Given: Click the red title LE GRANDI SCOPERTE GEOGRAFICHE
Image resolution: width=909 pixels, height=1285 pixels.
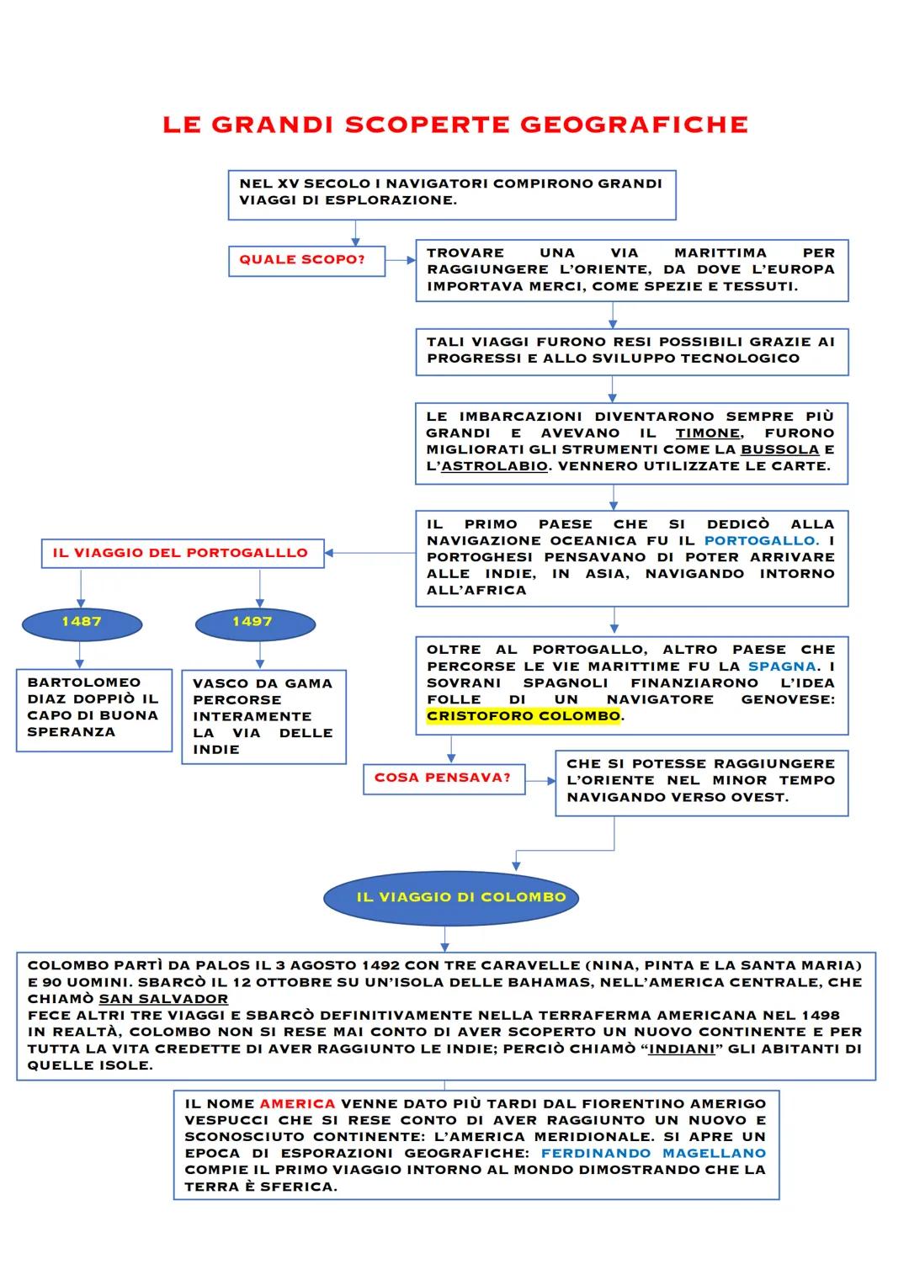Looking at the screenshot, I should pos(454,125).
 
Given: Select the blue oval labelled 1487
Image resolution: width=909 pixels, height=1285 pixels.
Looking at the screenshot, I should pos(82,623).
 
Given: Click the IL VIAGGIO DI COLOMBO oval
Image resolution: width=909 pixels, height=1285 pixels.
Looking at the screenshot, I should pos(450,897).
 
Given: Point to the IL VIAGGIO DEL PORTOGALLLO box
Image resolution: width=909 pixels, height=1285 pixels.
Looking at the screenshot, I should pos(182,554).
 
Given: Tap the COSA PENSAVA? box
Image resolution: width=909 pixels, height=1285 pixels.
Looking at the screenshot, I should pos(443,778).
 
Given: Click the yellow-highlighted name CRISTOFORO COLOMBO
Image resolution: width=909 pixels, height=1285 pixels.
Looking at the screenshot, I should pos(524,716).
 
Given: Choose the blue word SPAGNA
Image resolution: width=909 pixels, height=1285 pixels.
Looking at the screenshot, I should pos(782,666).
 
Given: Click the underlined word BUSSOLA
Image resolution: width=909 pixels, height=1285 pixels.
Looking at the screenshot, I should pos(779,449).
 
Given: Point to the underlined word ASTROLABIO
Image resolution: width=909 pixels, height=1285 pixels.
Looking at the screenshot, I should pos(494,466).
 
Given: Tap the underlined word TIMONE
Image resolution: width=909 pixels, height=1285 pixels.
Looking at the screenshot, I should pos(707,433).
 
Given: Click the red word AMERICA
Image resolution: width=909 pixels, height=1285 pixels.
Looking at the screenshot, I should pos(297,1103).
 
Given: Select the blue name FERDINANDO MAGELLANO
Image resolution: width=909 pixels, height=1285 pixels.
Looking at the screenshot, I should pos(653,1153).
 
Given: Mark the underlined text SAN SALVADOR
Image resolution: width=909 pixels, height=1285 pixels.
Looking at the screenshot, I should pos(163,999).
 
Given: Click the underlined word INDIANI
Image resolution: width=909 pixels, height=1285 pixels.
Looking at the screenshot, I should pos(682,1049).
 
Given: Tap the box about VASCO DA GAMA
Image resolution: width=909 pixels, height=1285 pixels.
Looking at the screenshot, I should pos(263,716).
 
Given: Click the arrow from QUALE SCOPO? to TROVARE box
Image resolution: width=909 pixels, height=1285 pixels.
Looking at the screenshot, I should pos(401,261).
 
